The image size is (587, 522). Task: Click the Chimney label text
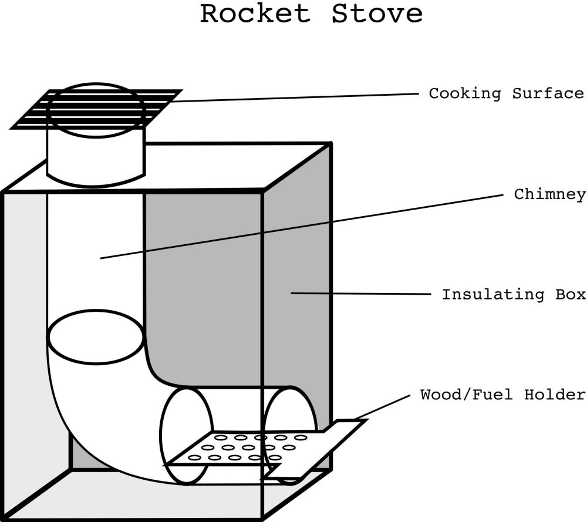coord(550,194)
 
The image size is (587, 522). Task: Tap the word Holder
coord(556,395)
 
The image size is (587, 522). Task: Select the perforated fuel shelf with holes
coord(247,449)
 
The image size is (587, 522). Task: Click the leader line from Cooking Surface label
coord(293,97)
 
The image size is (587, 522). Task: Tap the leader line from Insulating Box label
coord(364,293)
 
